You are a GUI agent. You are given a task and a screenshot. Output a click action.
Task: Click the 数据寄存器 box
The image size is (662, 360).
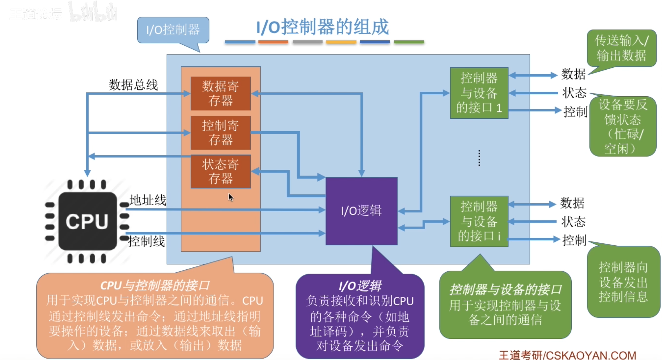[x=221, y=93]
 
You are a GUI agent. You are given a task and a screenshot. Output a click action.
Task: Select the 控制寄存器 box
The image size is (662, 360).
[x=221, y=133]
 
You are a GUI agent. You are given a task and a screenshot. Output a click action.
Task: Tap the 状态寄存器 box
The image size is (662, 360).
[x=221, y=171]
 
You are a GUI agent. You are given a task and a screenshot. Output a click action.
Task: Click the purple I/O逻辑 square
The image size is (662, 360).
[x=361, y=211]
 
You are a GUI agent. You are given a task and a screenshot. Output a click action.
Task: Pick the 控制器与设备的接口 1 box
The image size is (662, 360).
[x=479, y=93]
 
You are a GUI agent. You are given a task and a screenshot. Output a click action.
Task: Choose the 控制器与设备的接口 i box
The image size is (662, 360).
[x=479, y=221]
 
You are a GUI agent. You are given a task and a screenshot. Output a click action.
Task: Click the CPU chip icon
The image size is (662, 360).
[x=87, y=221]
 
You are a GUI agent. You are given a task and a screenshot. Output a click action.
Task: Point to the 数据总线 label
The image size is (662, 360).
[x=133, y=85]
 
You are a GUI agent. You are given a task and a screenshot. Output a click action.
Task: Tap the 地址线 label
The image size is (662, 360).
[x=148, y=200]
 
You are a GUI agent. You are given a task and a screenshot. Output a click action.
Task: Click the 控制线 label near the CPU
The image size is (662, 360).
[x=146, y=241]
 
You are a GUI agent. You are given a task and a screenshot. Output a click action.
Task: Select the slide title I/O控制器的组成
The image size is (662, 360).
[x=322, y=27]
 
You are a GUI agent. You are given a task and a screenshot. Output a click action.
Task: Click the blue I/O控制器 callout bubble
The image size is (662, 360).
[x=173, y=30]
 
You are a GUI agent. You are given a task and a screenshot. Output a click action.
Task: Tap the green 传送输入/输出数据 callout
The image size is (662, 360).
[x=621, y=48]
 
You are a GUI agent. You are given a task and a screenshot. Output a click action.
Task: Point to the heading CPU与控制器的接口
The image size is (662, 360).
[x=155, y=285]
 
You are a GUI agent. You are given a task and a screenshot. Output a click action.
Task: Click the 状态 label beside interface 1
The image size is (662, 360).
[x=574, y=93]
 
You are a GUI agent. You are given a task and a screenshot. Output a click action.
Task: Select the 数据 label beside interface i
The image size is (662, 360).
[x=572, y=203]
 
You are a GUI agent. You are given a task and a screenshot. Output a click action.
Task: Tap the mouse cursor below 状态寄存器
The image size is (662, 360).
[x=231, y=197]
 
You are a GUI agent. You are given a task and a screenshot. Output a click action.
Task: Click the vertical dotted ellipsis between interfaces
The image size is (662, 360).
[x=479, y=158]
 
